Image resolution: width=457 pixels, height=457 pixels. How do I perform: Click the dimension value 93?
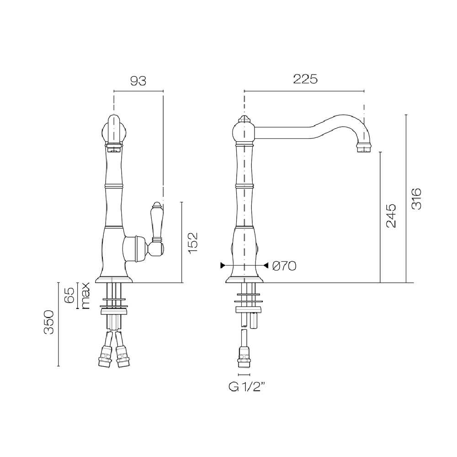pyautogui.click(x=138, y=81)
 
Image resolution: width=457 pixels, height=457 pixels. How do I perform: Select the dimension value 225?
pyautogui.click(x=305, y=79)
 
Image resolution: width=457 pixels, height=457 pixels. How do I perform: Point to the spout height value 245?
pyautogui.click(x=391, y=216)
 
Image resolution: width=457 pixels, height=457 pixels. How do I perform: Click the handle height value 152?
pyautogui.click(x=193, y=243)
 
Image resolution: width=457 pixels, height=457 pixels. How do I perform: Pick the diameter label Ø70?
pyautogui.click(x=284, y=266)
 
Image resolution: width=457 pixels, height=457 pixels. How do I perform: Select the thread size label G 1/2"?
pyautogui.click(x=247, y=388)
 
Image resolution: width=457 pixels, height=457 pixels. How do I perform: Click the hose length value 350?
pyautogui.click(x=49, y=322)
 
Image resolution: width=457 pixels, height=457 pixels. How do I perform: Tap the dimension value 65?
pyautogui.click(x=70, y=296)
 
